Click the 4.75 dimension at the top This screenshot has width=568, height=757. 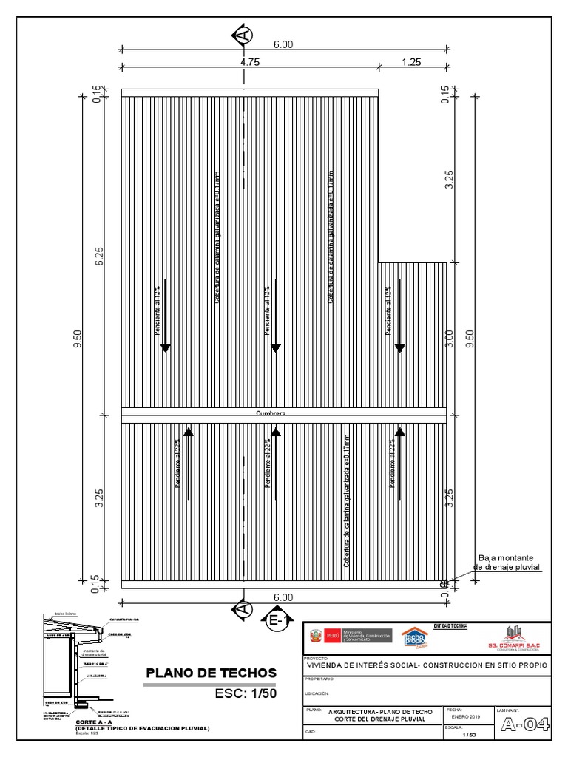pyautogui.click(x=250, y=63)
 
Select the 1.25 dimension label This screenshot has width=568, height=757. pyautogui.click(x=411, y=63)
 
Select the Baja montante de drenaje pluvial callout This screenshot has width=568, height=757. pyautogui.click(x=506, y=562)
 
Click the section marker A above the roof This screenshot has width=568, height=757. pyautogui.click(x=243, y=34)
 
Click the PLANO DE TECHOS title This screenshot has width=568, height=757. pyautogui.click(x=211, y=673)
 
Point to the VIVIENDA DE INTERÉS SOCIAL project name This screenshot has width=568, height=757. pyautogui.click(x=427, y=665)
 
